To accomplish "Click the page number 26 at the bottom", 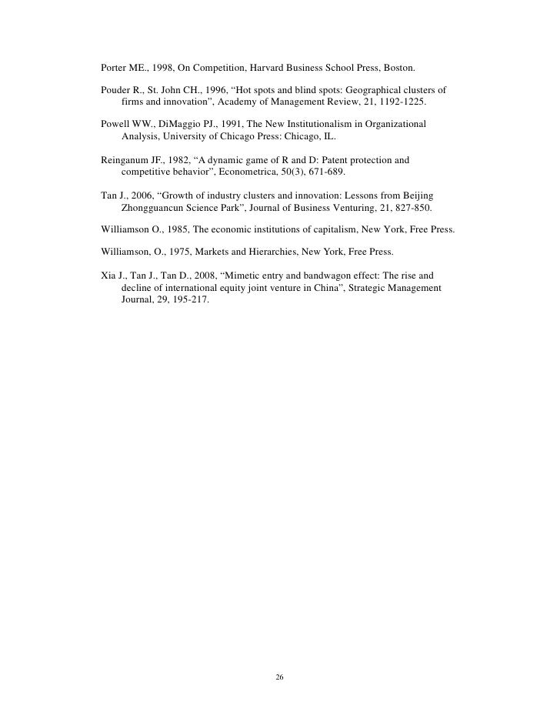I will point(279,677).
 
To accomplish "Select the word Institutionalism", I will point(289,125).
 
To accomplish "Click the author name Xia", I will point(109,275).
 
